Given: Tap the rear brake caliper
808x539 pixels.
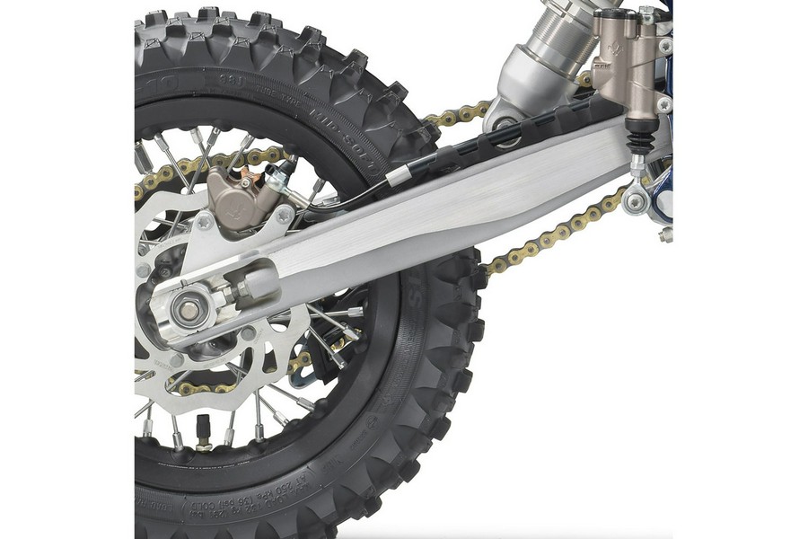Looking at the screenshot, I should coord(235,197).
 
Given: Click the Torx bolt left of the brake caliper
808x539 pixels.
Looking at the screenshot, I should coord(204,221).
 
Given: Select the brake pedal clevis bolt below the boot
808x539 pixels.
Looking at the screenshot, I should coord(636,201).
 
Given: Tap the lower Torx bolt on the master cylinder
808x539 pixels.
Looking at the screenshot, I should coord(663,104).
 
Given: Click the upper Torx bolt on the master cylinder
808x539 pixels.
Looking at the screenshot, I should coord(665,45).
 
